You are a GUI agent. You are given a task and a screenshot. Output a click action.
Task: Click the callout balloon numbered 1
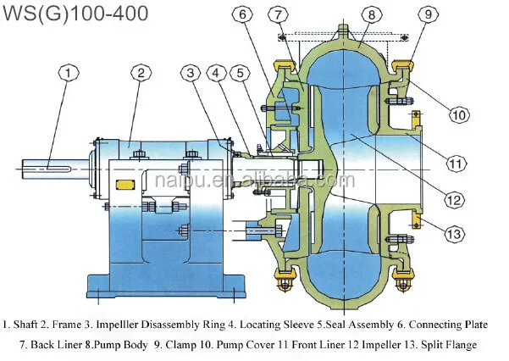click(68, 73)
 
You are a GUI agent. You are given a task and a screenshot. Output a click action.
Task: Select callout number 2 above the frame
click(141, 73)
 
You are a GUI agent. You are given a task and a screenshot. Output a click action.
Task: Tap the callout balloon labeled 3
click(191, 73)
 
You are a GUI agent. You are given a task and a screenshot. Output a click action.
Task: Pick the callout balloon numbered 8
click(372, 14)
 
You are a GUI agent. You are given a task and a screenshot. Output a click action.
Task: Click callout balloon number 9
click(429, 14)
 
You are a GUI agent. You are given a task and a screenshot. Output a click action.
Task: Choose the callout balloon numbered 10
click(459, 114)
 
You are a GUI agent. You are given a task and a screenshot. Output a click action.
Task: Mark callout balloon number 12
click(455, 200)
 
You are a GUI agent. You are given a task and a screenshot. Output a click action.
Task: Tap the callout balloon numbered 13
click(455, 234)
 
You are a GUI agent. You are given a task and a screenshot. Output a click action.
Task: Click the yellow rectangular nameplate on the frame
click(125, 185)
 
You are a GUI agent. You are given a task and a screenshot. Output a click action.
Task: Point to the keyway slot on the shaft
click(58, 169)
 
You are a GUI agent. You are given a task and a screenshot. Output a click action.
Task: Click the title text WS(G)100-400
click(75, 14)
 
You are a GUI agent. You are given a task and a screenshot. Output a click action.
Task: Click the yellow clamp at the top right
click(402, 65)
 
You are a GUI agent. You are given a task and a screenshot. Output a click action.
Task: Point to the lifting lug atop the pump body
click(344, 31)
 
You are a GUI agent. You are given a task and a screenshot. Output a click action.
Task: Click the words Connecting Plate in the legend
click(448, 325)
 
